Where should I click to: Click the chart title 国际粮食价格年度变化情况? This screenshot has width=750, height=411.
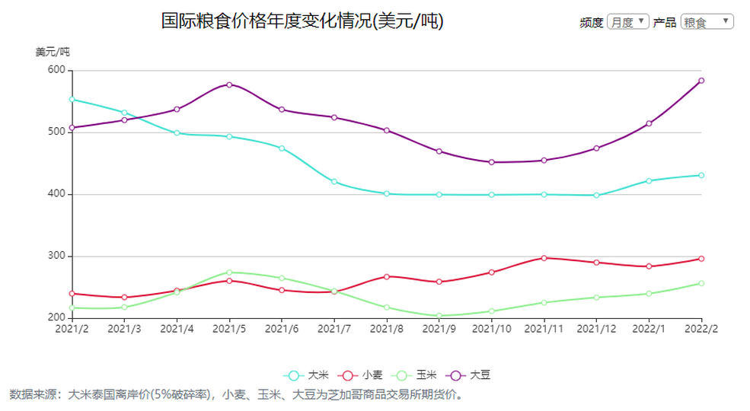302,21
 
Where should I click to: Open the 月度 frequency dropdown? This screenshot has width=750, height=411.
628,22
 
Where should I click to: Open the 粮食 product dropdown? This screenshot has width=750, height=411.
707,22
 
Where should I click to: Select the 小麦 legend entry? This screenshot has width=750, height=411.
361,375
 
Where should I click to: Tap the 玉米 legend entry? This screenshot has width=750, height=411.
415,375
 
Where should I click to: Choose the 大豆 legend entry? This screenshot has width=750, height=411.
469,375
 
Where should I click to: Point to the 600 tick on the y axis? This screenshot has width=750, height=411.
56,70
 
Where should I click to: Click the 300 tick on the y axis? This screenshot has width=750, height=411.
56,256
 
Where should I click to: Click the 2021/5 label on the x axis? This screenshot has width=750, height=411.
228,329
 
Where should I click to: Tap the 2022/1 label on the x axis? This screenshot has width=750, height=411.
649,329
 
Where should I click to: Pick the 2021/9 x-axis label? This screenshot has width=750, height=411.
439,329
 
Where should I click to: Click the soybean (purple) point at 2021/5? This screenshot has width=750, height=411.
229,84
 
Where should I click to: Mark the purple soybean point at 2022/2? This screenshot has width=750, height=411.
701,81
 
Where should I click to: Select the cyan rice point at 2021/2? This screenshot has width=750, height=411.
72,99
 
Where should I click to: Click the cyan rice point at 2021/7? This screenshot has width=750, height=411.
334,182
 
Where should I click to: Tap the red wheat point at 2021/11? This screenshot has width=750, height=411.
544,258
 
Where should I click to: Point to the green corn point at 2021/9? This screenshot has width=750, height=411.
439,316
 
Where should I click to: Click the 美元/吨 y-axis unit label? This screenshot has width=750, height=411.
53,52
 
